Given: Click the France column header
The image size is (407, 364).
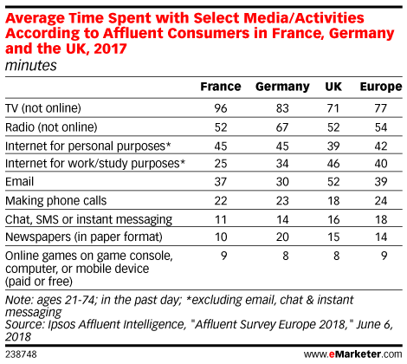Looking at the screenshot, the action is [221, 87].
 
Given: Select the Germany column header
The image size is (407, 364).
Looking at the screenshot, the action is [282, 87].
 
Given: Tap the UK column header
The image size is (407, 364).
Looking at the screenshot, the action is [333, 87].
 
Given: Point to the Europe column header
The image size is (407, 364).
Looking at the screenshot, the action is [381, 87].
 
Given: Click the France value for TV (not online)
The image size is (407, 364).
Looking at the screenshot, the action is [221, 108].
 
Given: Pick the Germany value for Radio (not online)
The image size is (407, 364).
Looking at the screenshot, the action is [282, 127].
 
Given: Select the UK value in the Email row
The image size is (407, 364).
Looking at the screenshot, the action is [333, 182].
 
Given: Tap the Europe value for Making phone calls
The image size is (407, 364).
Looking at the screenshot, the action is [381, 200].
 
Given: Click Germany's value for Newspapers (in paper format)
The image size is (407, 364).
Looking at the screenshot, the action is [282, 237].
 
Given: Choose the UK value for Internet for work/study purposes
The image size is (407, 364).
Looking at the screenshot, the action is [333, 164].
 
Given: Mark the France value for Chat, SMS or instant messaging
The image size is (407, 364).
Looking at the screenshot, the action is [221, 219].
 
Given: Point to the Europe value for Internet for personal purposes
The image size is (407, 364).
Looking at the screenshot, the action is [381, 146].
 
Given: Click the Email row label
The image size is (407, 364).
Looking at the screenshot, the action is [20, 182].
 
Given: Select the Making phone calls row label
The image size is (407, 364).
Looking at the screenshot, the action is [56, 201].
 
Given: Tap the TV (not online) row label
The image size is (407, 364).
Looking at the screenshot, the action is [43, 108].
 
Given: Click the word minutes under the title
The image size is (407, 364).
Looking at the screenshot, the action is [31, 65].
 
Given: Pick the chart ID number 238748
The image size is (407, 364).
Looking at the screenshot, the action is [21, 354].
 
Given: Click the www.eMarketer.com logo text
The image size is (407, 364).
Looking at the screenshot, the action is [352, 354].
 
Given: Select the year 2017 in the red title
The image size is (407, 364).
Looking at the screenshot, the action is [110, 49].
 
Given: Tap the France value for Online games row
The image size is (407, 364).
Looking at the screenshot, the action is [224, 256].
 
